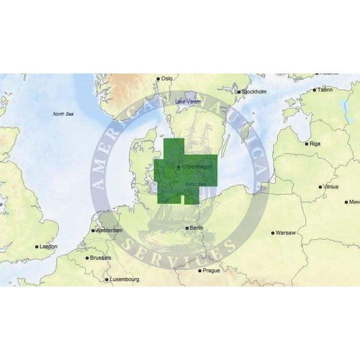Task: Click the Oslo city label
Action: [167, 78]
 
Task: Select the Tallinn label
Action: [325, 90]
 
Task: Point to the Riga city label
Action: [315, 143]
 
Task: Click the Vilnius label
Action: [331, 186]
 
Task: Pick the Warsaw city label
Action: [285, 232]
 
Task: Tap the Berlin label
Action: [197, 228]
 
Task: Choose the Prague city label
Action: [211, 270]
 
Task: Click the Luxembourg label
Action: [124, 280]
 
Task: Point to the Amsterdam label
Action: [110, 230]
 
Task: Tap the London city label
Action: [49, 246]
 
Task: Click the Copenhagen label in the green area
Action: [194, 167]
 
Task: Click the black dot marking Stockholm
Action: [239, 92]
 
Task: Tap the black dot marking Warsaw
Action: [273, 233]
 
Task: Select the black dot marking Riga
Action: [307, 143]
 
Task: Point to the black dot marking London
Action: [37, 247]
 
